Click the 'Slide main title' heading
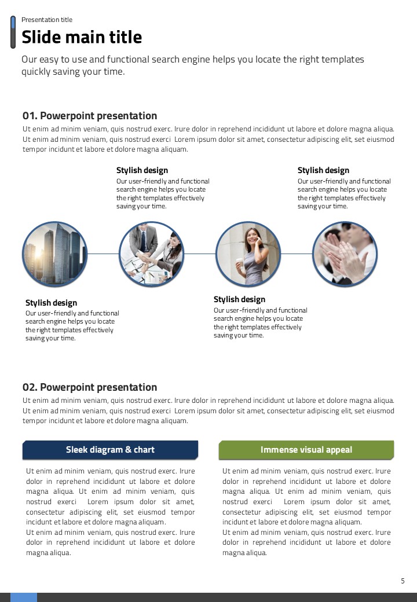click(x=82, y=37)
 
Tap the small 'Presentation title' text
click(x=47, y=20)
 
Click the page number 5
click(x=403, y=581)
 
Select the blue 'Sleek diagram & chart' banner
click(x=110, y=450)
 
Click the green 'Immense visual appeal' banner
click(x=306, y=450)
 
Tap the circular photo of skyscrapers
click(x=54, y=254)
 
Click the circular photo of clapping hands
click(x=345, y=254)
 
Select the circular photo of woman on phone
click(x=248, y=254)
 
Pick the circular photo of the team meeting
click(x=151, y=254)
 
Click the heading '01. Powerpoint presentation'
click(x=90, y=116)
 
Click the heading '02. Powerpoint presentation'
click(x=90, y=387)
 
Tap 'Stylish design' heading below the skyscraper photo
click(x=51, y=303)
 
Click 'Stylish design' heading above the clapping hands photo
click(x=323, y=170)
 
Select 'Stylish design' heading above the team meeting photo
click(x=142, y=170)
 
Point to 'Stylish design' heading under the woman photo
click(x=239, y=299)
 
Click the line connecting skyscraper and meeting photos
click(x=103, y=254)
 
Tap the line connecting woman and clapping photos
click(x=296, y=254)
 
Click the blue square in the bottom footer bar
click(x=24, y=597)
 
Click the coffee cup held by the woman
click(x=239, y=263)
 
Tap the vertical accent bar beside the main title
click(x=13, y=32)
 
